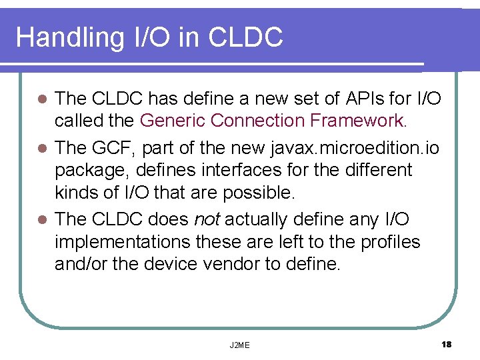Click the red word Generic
click(x=173, y=121)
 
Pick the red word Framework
click(x=357, y=121)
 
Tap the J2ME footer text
click(x=239, y=345)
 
